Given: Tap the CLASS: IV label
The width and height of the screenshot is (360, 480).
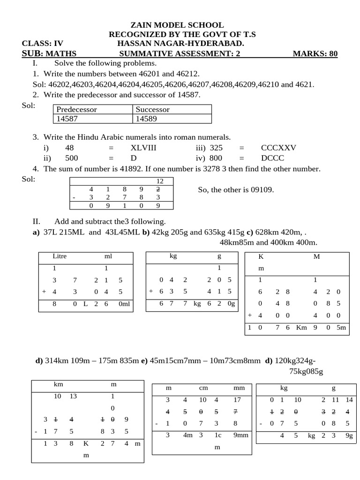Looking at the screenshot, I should click(42, 44).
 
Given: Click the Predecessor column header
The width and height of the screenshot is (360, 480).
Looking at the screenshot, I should click(76, 109).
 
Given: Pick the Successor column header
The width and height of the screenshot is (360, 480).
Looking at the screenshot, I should click(152, 109).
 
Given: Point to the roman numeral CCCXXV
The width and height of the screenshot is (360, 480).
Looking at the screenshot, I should click(278, 148).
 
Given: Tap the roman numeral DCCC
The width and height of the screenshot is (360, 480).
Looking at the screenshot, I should click(272, 158).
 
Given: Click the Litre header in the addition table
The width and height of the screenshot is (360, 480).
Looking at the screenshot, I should click(60, 256).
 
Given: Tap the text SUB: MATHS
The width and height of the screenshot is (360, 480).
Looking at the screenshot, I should click(49, 53).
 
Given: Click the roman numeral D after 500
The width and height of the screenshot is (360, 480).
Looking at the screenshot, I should click(133, 158).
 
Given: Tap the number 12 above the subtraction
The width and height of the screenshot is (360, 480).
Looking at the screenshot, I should click(160, 181).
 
